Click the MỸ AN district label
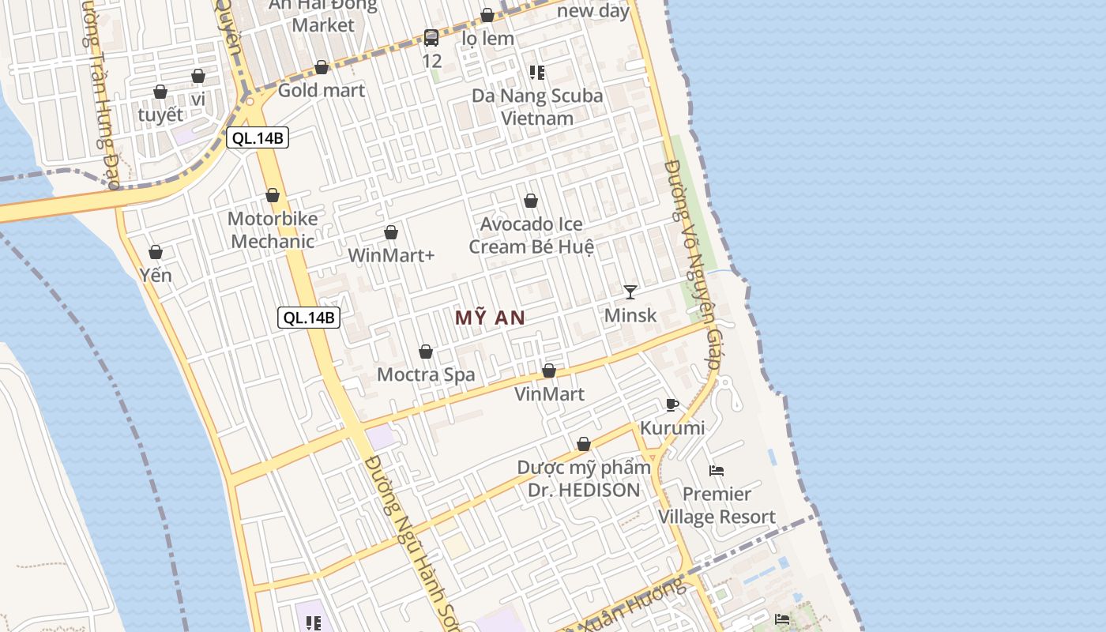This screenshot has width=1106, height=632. click(490, 318)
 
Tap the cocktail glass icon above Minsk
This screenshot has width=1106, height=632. click(630, 292)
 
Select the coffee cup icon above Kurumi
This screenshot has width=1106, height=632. click(671, 405)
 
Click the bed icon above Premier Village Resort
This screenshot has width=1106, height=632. click(717, 471)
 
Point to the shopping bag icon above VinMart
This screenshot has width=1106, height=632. click(549, 371)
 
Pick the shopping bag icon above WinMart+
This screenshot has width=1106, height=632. click(390, 232)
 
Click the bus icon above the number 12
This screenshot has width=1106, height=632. click(431, 37)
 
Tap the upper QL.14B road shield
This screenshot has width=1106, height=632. click(257, 138)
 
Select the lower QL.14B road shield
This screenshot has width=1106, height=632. click(309, 318)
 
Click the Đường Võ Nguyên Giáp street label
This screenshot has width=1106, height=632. click(692, 265)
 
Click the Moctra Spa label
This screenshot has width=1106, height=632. click(426, 374)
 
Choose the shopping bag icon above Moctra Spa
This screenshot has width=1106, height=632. click(426, 352)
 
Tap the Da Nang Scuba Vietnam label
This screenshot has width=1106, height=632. click(537, 107)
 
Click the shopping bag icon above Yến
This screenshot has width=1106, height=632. click(156, 252)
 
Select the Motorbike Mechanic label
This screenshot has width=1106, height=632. click(273, 230)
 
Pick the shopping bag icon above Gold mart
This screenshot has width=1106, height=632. click(322, 68)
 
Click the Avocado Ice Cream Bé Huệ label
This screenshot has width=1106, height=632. click(531, 235)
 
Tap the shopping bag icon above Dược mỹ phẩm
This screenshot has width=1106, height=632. click(584, 445)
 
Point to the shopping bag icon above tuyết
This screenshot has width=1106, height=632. click(160, 92)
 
